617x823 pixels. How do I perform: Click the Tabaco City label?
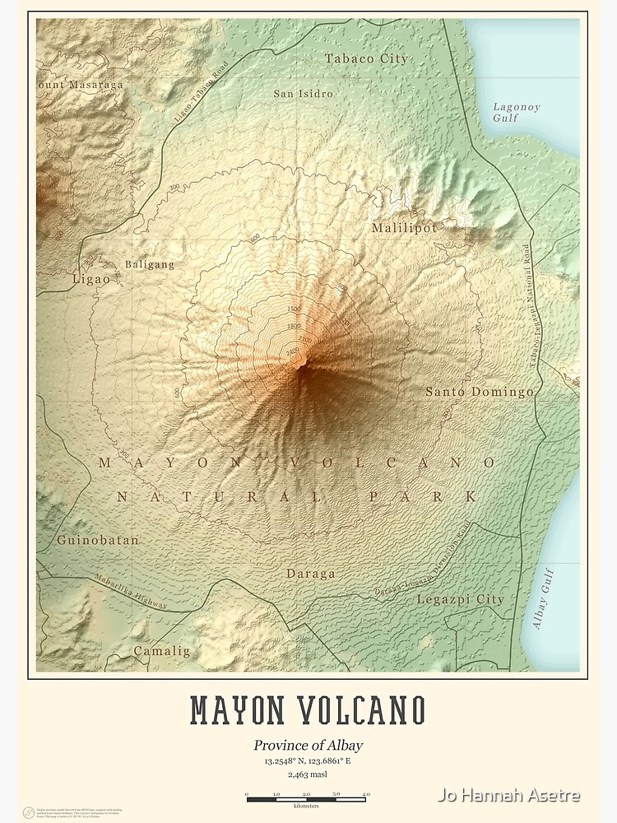[366, 58]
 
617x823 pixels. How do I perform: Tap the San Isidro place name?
[304, 94]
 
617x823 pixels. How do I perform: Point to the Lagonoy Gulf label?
[517, 112]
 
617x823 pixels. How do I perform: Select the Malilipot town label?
[404, 228]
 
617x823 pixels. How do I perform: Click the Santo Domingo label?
[479, 392]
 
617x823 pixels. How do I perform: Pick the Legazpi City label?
[460, 599]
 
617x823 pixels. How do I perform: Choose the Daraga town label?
[310, 573]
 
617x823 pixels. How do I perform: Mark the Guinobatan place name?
[98, 541]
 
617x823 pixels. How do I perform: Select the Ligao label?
[90, 279]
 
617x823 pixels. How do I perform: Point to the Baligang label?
[150, 264]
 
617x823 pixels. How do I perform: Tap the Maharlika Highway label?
[131, 592]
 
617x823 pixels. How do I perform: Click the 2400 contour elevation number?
[292, 351]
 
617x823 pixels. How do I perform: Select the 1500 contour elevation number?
[295, 309]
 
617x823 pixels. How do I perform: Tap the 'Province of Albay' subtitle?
[308, 746]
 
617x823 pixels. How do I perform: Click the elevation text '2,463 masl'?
[308, 774]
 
